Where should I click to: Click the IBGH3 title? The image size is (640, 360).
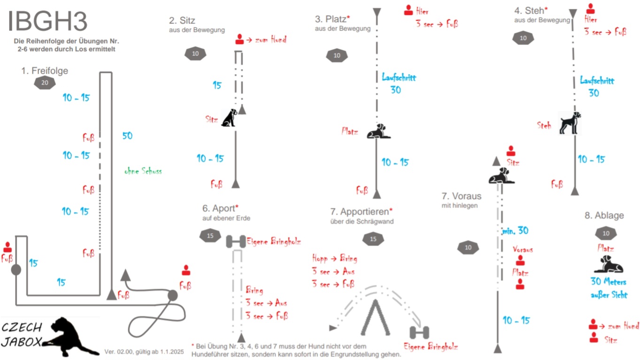coord(47,21)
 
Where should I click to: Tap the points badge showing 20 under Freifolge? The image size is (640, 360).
coord(45,83)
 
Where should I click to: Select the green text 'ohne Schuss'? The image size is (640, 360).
coord(143,171)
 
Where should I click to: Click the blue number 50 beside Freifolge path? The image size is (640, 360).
coord(127,136)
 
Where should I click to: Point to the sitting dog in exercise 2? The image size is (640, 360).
coord(229,118)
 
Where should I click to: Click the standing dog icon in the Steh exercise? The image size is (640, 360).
coord(570,123)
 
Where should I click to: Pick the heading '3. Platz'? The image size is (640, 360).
coord(332,19)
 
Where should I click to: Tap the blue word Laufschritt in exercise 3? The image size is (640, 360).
coord(399,77)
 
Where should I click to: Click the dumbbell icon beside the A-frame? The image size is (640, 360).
coord(419,333)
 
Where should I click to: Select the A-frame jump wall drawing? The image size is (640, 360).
coord(375,317)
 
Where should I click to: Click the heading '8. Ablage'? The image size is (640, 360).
coord(604,215)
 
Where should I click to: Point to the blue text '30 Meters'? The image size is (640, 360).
coord(608,282)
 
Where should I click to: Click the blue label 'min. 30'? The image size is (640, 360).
coord(515,230)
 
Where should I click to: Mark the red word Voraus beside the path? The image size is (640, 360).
coord(523,249)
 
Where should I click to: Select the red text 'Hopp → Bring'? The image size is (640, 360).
coord(335,258)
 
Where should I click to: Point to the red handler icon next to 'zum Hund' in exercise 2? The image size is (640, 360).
coord(239,39)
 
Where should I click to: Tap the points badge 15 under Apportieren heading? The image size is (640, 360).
coord(373,239)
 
